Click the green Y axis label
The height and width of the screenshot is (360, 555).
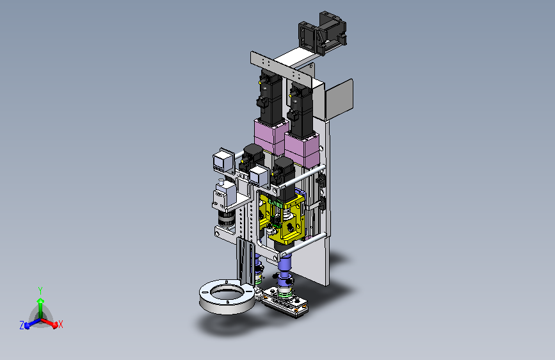(x=40, y=291)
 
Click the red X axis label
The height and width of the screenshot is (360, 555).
(x=61, y=324)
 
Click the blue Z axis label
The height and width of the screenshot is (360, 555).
(x=22, y=325)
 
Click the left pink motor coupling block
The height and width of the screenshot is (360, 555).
(x=269, y=137)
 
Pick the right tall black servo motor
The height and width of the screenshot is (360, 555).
(x=300, y=110)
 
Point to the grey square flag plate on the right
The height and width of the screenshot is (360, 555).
(x=339, y=99)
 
